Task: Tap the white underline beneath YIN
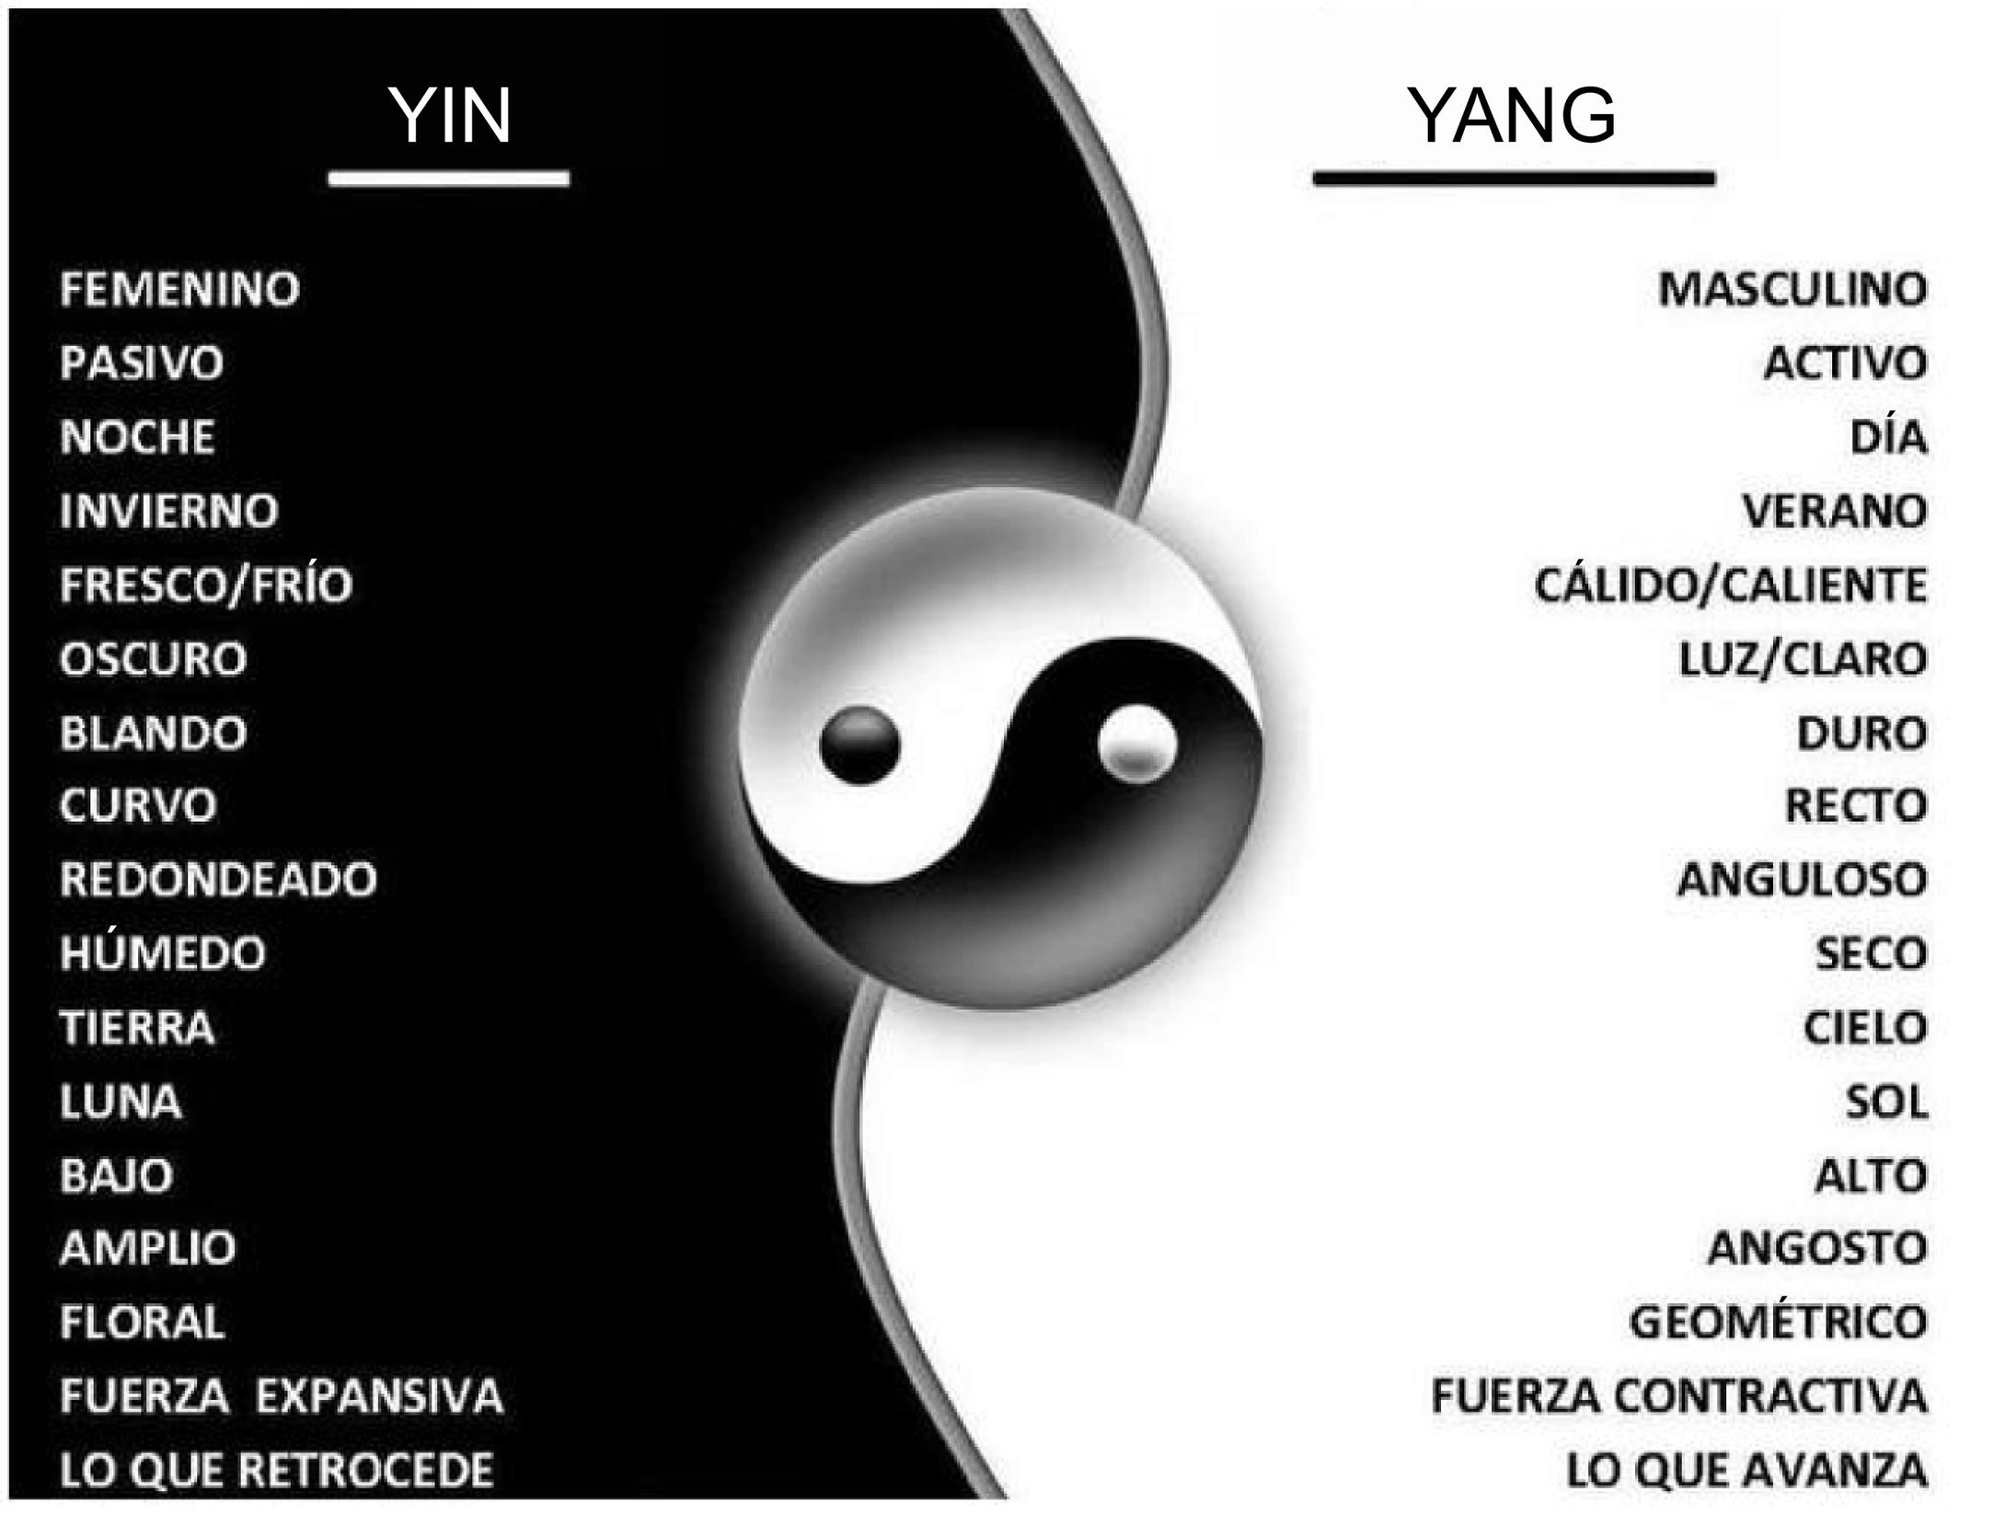[449, 178]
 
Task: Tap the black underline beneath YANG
[1514, 178]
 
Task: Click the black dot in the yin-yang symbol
[859, 746]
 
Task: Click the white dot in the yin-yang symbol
[1137, 742]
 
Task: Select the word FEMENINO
[179, 289]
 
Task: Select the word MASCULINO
[1792, 289]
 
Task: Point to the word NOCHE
[137, 437]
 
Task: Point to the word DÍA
[1888, 437]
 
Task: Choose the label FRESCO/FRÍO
[205, 584]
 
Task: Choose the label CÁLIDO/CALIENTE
[1730, 584]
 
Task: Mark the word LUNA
[121, 1102]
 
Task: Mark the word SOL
[1885, 1102]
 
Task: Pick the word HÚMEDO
[162, 954]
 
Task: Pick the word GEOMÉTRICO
[1778, 1323]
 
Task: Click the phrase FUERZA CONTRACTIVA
[1678, 1396]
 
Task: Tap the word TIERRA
[137, 1028]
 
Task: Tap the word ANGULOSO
[1802, 880]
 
